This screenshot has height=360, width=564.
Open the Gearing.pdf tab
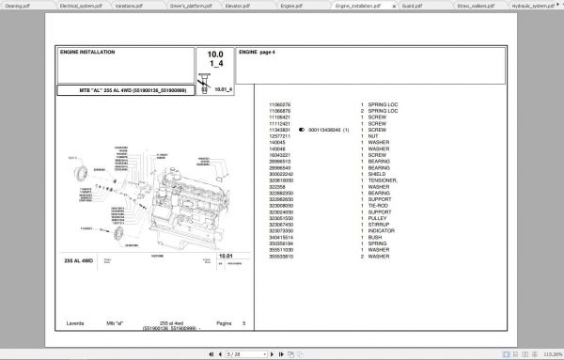coord(18,6)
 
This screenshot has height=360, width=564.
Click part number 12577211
coord(282,136)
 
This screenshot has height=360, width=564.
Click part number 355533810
coord(284,256)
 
